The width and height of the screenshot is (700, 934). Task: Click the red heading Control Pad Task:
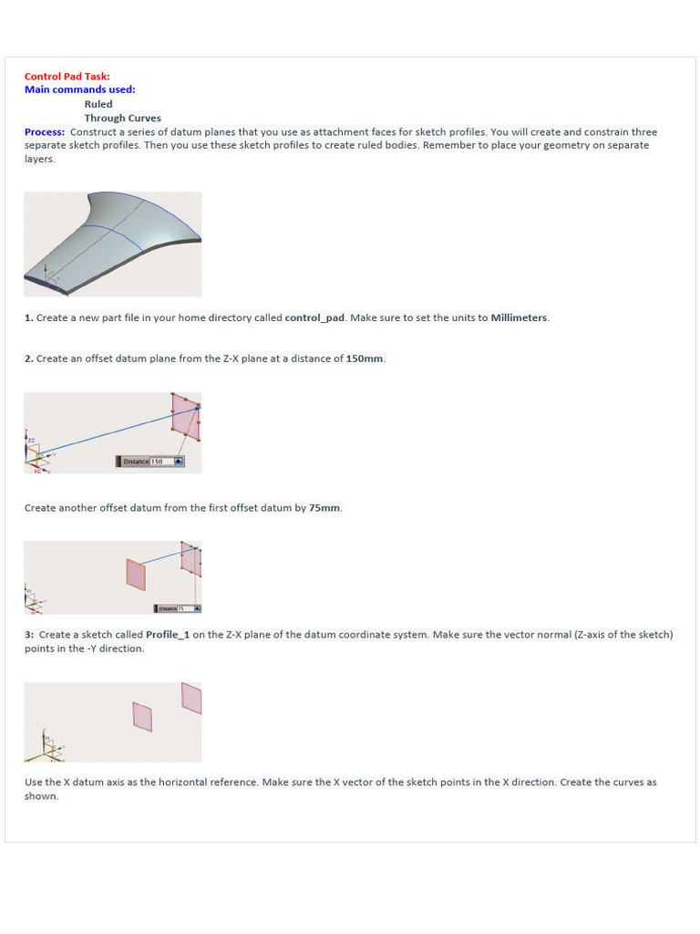point(67,77)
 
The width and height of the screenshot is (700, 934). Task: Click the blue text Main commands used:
point(79,89)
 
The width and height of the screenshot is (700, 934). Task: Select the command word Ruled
point(98,104)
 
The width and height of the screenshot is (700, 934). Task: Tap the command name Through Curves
point(122,118)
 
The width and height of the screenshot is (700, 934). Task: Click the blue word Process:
point(45,132)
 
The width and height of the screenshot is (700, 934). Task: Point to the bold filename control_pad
point(314,317)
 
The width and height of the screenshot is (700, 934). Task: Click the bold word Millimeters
point(520,317)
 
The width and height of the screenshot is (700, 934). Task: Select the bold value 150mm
point(365,358)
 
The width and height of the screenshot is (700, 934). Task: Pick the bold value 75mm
point(324,508)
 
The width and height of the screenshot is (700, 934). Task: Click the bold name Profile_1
point(168,635)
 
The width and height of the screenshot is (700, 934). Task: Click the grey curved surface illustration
point(113,243)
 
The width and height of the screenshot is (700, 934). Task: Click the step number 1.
point(29,317)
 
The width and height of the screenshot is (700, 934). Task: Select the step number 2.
point(29,358)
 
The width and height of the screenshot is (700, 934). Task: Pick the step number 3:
point(29,635)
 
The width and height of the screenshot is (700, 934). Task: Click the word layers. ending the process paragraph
point(39,159)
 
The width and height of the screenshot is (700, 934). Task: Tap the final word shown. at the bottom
point(41,796)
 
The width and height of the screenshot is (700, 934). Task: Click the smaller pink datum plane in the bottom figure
point(142,716)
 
